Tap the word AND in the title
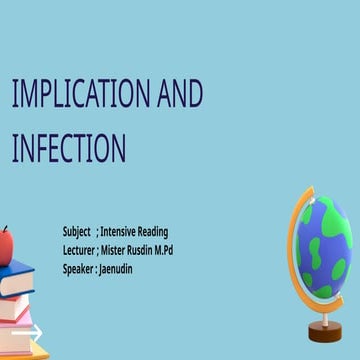coord(181,95)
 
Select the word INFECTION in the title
coord(68,149)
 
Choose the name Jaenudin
coord(116,269)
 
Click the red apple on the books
coord(7,243)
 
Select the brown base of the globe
coord(326,330)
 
